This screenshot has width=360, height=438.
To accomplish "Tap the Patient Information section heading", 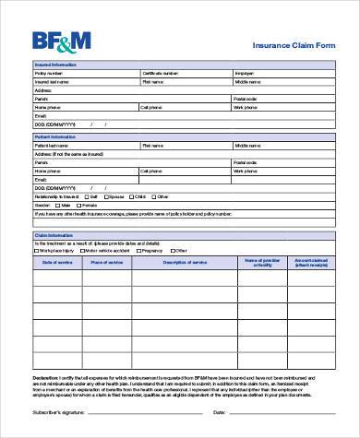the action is coord(55,136).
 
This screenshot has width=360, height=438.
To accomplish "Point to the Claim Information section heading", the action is coord(53,235).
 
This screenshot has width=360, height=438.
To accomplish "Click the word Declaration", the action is coord(46,378).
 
